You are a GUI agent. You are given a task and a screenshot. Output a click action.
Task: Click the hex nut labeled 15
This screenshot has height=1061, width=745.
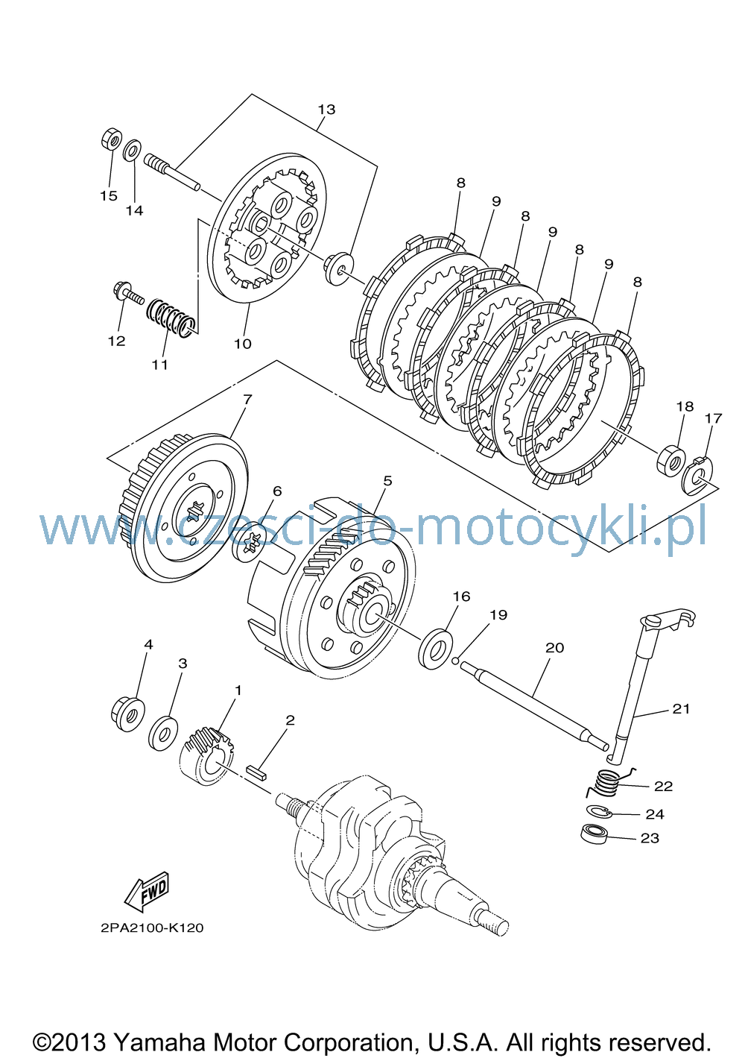tap(112, 139)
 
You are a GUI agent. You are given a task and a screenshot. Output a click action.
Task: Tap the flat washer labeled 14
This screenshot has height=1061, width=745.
tap(132, 150)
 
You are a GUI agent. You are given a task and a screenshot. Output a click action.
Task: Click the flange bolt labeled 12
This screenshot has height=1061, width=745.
tap(129, 293)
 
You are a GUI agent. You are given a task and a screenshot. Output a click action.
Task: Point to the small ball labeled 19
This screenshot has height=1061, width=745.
tap(455, 661)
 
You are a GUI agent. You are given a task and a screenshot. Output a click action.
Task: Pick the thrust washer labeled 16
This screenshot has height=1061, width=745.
tap(435, 649)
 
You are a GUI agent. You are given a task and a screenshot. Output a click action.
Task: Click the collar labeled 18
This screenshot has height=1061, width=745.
tap(670, 459)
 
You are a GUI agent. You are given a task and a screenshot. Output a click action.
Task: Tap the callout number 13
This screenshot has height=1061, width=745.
tap(326, 110)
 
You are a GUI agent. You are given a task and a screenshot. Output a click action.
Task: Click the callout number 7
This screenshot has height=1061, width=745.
tap(247, 399)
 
